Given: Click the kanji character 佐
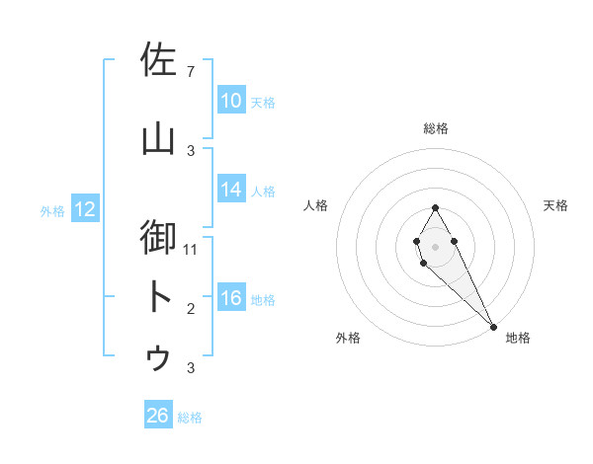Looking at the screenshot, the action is [x=158, y=60].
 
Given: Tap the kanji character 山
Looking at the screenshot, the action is [x=158, y=139].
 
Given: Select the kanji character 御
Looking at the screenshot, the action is [x=158, y=238].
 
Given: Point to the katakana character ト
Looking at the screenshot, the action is [x=158, y=297].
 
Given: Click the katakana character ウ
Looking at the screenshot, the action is [x=158, y=356].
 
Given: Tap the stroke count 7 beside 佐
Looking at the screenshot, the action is [x=191, y=72].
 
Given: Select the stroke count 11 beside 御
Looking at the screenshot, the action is [x=191, y=249].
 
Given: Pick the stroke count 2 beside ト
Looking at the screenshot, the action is [x=191, y=309].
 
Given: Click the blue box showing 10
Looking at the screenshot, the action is [x=231, y=101].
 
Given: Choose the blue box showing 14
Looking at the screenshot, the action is [x=231, y=190].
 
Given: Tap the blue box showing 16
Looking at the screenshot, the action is [x=231, y=298].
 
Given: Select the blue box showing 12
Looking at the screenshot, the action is [x=85, y=209].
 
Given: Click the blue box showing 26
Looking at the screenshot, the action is [x=158, y=416].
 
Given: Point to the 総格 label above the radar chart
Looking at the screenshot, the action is [x=436, y=128].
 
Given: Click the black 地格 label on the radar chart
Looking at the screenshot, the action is [x=518, y=339].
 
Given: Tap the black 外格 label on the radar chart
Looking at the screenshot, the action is [x=348, y=339].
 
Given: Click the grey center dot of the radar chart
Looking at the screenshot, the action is [x=435, y=245].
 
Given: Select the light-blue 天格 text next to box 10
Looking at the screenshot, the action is [x=263, y=102].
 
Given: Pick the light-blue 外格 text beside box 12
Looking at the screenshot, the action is [x=52, y=210].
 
